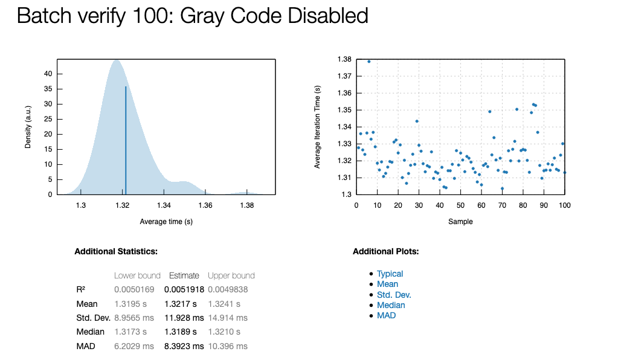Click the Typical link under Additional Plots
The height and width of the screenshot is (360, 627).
click(x=390, y=274)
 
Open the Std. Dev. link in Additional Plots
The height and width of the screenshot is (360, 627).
click(x=394, y=295)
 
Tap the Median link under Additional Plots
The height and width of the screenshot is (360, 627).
click(x=391, y=305)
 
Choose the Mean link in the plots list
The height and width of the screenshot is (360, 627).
click(x=387, y=284)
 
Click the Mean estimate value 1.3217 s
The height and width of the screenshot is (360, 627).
click(x=181, y=304)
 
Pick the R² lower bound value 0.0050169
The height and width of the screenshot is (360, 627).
click(x=135, y=289)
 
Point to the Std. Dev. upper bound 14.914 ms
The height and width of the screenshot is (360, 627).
click(x=227, y=318)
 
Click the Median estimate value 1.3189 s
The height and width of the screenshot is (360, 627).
click(x=181, y=332)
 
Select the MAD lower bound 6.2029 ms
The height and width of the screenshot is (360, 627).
click(x=134, y=346)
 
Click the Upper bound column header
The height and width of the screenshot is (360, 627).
click(x=231, y=275)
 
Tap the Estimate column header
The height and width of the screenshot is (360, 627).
click(x=184, y=275)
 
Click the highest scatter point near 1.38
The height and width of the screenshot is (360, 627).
click(x=369, y=62)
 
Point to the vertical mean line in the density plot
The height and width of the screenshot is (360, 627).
click(x=126, y=139)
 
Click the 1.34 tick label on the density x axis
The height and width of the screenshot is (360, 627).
click(x=164, y=206)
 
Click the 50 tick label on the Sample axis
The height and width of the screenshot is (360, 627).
click(x=460, y=206)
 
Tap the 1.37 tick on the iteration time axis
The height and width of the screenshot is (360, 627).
click(x=344, y=76)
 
